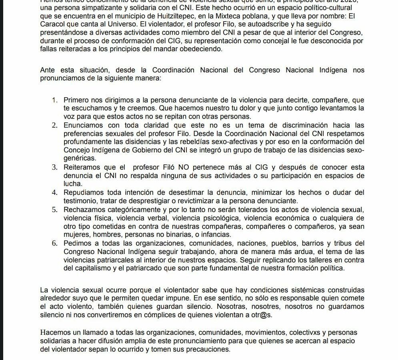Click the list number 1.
[x=54, y=100]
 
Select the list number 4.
[x=54, y=192]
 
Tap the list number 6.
[x=54, y=243]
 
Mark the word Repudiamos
[x=82, y=192]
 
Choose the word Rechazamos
[x=83, y=210]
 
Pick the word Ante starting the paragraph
[x=47, y=70]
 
